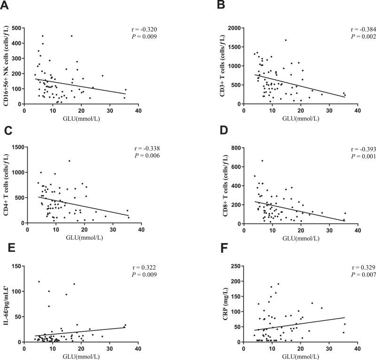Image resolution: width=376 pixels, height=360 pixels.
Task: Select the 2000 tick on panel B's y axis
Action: pyautogui.click(x=233, y=28)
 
